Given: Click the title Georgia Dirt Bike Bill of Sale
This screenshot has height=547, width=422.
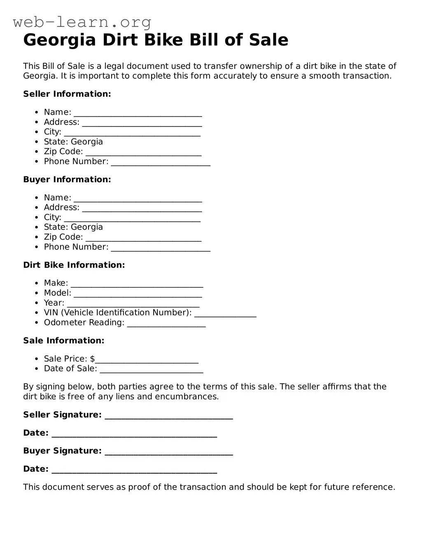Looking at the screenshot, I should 156,40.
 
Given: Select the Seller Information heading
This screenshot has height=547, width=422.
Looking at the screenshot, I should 67,94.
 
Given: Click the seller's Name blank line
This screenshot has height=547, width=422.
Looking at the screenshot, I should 138,113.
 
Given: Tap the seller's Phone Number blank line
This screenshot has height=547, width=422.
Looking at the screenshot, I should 161,162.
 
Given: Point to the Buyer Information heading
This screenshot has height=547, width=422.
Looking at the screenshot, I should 67,179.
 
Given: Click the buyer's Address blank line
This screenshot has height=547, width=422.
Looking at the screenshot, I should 142,208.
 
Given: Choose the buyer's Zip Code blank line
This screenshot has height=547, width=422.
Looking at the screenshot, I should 143,238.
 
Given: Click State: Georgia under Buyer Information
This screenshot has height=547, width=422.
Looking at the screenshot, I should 73,227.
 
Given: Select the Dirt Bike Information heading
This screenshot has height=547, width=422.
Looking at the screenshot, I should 74,265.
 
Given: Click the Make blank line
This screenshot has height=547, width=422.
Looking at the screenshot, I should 137,284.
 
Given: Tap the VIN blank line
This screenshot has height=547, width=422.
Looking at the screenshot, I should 225,313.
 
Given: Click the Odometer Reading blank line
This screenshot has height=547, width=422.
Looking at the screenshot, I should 166,323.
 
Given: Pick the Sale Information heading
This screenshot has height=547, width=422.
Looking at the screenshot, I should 64,340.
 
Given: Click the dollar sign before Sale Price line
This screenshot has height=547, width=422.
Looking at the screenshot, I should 92,359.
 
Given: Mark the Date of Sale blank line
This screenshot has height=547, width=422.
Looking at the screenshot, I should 152,369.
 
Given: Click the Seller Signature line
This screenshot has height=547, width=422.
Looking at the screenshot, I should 169,416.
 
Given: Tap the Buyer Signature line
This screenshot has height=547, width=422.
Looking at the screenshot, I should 169,452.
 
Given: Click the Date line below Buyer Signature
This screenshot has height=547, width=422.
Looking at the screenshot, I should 134,470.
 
